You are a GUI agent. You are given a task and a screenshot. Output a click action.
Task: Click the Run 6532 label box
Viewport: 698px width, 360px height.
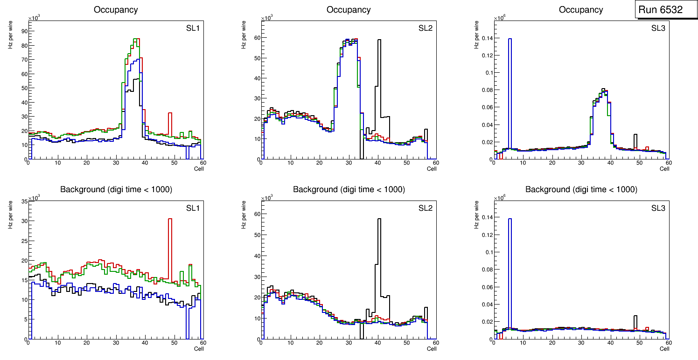pyautogui.click(x=660, y=10)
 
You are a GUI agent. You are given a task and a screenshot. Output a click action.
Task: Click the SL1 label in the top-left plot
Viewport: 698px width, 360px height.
pyautogui.click(x=193, y=28)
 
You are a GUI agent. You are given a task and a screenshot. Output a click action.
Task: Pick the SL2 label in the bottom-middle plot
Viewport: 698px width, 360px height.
pyautogui.click(x=426, y=208)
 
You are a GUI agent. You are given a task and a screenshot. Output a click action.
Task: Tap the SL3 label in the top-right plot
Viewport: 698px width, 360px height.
pyautogui.click(x=658, y=28)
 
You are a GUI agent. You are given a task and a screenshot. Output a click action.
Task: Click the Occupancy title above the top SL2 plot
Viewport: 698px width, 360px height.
pyautogui.click(x=349, y=10)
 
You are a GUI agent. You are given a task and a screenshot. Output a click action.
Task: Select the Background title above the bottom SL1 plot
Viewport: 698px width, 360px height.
pyautogui.click(x=116, y=189)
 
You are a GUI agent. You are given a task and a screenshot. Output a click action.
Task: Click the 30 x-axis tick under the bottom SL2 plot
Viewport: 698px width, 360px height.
pyautogui.click(x=349, y=343)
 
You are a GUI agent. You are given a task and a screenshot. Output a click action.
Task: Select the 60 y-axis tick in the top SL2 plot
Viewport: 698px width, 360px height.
pyautogui.click(x=256, y=38)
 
